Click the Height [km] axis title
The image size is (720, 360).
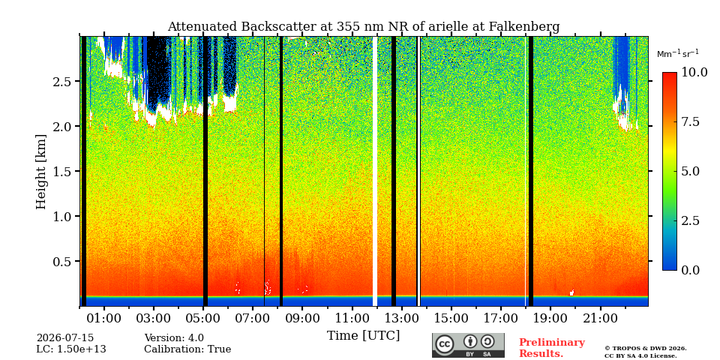point(41,172)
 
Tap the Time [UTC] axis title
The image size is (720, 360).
point(363,336)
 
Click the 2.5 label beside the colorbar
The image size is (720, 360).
point(690,220)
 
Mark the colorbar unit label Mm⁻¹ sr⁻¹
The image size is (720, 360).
point(678,54)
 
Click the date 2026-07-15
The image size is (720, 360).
point(65,338)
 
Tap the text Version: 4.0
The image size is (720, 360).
point(174,338)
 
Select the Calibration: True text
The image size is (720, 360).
point(187,349)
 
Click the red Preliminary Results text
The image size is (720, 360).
point(552,348)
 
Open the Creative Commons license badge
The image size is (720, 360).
point(468,345)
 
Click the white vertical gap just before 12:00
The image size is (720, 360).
point(375,171)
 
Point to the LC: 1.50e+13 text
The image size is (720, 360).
point(71,349)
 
